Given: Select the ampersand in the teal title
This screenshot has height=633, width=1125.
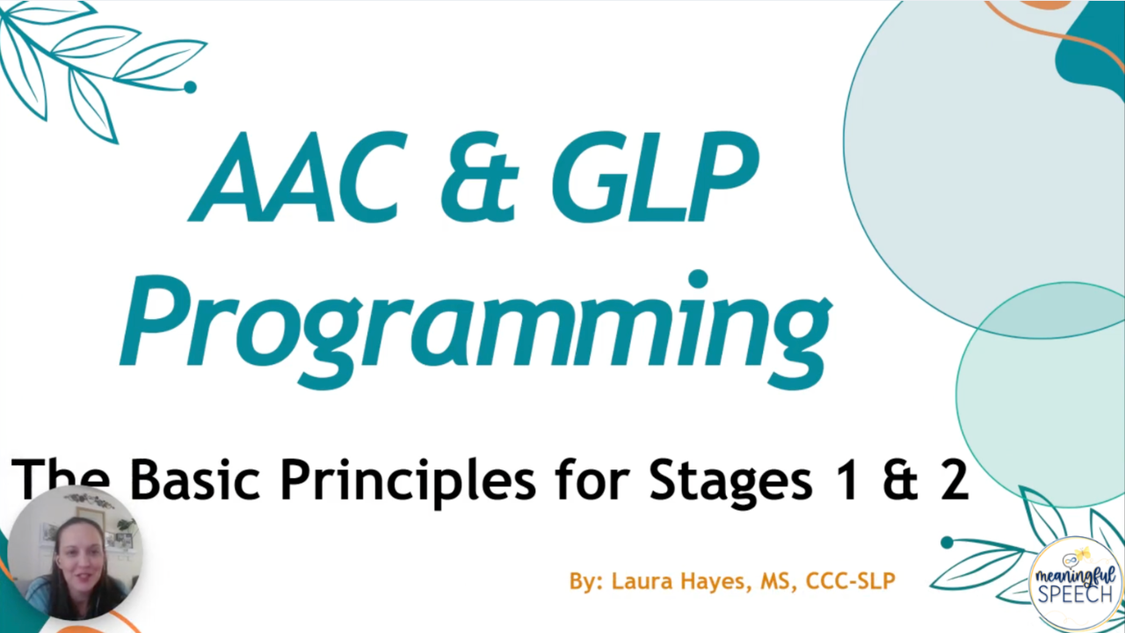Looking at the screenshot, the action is [x=479, y=177].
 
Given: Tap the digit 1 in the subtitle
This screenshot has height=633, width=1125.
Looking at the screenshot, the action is [x=848, y=479].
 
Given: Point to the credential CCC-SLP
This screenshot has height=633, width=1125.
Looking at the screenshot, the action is [x=851, y=581].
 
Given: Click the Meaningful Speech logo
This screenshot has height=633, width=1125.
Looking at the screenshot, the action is [x=1075, y=583].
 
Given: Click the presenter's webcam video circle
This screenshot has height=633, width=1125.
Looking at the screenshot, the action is [x=75, y=553].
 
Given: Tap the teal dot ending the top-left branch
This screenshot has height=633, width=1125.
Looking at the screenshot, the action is [x=191, y=87].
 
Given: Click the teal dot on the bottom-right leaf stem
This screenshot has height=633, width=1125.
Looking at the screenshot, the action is [x=947, y=542].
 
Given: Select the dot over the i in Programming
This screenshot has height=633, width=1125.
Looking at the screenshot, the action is [x=698, y=280].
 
